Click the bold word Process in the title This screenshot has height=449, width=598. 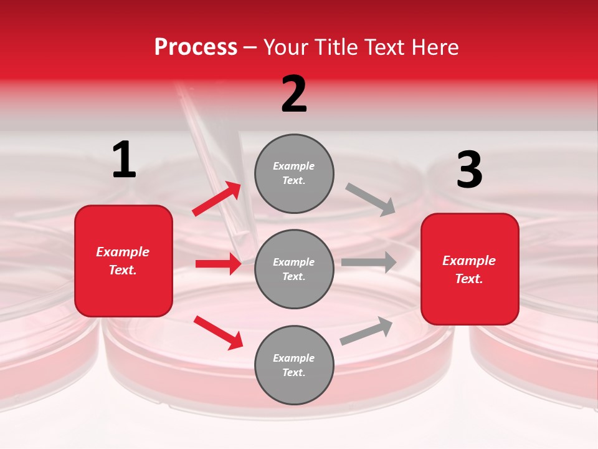196,47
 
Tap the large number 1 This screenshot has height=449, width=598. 124,160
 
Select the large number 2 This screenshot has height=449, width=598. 294,94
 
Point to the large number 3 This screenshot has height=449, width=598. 469,170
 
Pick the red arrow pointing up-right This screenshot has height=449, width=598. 216,199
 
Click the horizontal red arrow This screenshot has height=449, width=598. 218,264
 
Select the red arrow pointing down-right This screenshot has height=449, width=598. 218,332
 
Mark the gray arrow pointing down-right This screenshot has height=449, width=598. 371,199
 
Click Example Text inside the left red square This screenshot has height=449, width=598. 123,261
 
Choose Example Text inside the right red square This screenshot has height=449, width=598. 469,269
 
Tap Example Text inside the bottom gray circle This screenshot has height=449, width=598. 294,365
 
